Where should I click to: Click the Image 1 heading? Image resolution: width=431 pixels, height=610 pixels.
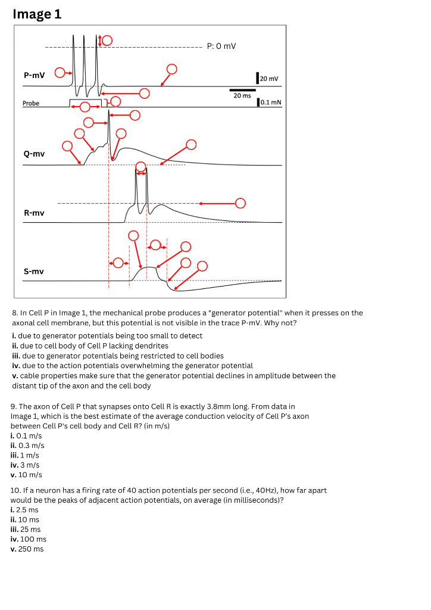point(37,14)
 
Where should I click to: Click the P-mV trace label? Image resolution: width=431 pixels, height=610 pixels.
point(34,76)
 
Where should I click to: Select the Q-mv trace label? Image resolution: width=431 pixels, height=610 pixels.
point(34,154)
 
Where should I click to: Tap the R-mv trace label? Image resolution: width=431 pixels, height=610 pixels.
point(33,213)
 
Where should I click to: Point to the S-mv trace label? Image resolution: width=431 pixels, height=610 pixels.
point(33,271)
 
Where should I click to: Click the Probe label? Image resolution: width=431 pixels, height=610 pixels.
point(31,104)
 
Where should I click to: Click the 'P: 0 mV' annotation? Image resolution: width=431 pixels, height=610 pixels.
point(221,46)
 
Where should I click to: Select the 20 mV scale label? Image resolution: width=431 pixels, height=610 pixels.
point(270,79)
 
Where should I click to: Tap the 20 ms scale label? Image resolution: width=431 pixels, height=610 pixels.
point(242,95)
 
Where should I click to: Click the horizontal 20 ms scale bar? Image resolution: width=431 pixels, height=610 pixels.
point(242,90)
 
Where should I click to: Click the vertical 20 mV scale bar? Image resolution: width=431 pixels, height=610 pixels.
point(257,77)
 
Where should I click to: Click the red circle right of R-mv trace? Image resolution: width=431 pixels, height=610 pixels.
point(240,203)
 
